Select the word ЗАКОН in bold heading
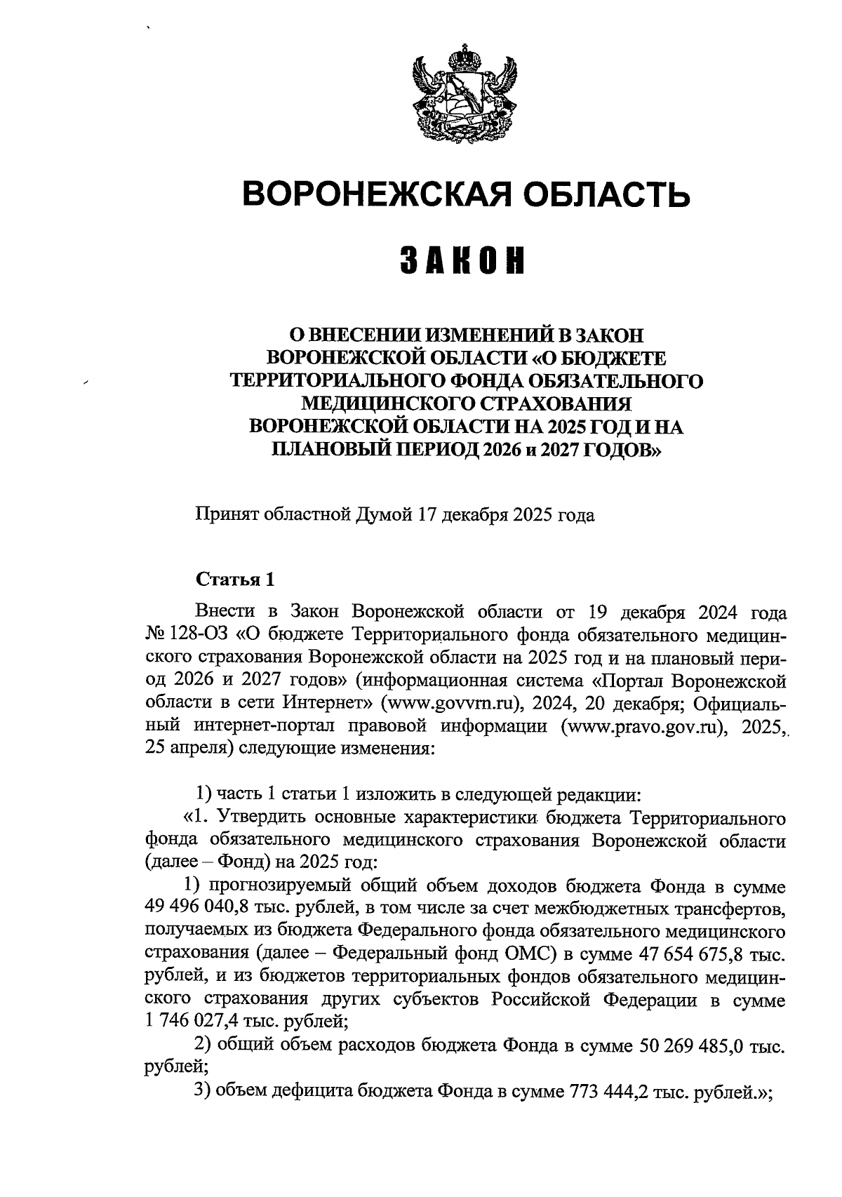464,260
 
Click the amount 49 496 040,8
206,909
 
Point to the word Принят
227,516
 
